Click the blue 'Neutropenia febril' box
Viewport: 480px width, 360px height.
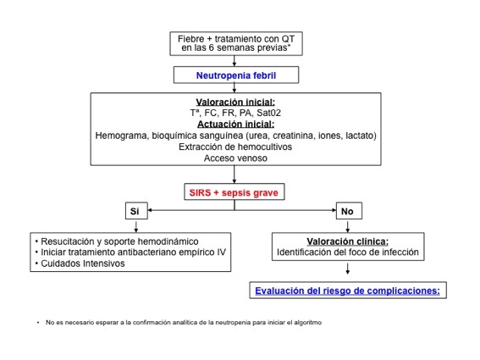pyautogui.click(x=236, y=75)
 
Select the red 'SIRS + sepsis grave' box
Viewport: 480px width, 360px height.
pyautogui.click(x=234, y=192)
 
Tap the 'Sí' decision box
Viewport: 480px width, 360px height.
pyautogui.click(x=136, y=211)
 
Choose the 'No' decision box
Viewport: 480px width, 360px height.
pyautogui.click(x=349, y=211)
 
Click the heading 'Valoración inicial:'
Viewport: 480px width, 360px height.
pyautogui.click(x=235, y=102)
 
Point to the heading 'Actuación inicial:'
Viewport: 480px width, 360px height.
pyautogui.click(x=235, y=124)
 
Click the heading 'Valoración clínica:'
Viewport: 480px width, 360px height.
pyautogui.click(x=347, y=241)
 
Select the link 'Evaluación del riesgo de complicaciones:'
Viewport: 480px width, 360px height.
pyautogui.click(x=347, y=291)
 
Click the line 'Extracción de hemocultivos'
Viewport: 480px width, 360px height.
pyautogui.click(x=235, y=147)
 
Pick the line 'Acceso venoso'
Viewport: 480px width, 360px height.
pyautogui.click(x=235, y=158)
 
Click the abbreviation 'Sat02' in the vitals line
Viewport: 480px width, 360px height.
pyautogui.click(x=268, y=113)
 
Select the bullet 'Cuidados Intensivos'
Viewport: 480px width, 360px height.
pyautogui.click(x=83, y=263)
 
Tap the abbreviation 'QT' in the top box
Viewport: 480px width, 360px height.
pyautogui.click(x=288, y=39)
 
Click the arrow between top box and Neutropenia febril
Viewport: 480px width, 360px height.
pyautogui.click(x=234, y=61)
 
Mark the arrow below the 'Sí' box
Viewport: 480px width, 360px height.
pyautogui.click(x=136, y=226)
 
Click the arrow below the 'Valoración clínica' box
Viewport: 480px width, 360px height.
pyautogui.click(x=347, y=268)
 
